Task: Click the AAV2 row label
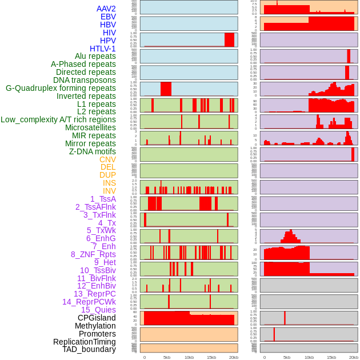(x=106, y=9)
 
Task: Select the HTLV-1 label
(x=103, y=49)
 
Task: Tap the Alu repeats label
(x=95, y=56)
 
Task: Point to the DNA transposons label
(x=85, y=80)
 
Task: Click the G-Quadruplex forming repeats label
(x=61, y=88)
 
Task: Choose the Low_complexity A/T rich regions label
(x=58, y=119)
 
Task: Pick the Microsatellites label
(x=90, y=127)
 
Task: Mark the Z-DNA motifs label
(x=93, y=151)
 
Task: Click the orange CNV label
(x=107, y=159)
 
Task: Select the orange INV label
(x=109, y=191)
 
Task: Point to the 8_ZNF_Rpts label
(x=93, y=254)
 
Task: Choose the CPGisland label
(x=97, y=318)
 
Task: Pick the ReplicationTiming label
(x=85, y=342)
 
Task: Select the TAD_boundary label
(x=89, y=349)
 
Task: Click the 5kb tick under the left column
(x=167, y=357)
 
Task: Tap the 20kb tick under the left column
(x=233, y=357)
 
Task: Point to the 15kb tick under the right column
(x=331, y=357)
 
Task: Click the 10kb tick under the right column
(x=309, y=357)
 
